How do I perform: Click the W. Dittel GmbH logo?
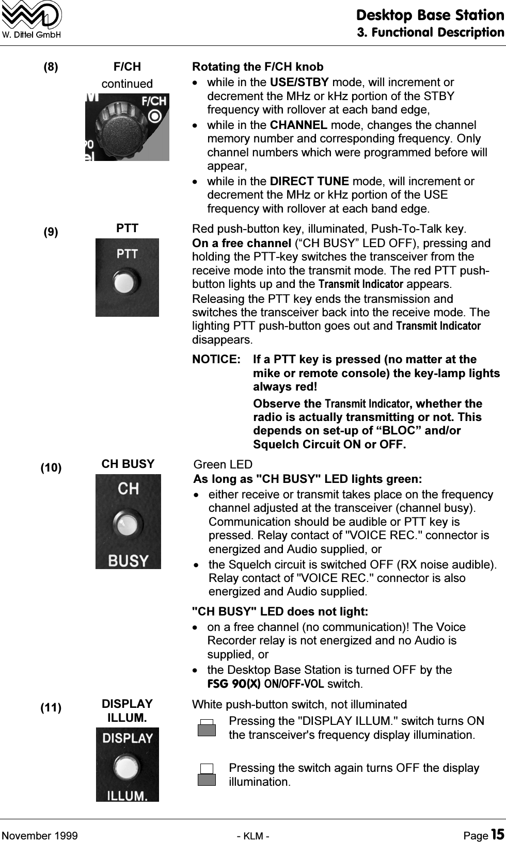pyautogui.click(x=32, y=20)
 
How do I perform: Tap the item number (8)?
pyautogui.click(x=51, y=67)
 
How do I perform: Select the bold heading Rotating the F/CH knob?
pyautogui.click(x=258, y=67)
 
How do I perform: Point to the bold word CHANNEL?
pyautogui.click(x=298, y=125)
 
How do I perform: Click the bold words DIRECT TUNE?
pyautogui.click(x=310, y=182)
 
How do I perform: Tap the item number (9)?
pyautogui.click(x=51, y=232)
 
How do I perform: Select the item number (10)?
pyautogui.click(x=51, y=468)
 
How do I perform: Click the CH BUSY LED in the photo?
pyautogui.click(x=127, y=525)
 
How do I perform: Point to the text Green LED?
pyautogui.click(x=223, y=465)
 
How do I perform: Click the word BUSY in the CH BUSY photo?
pyautogui.click(x=128, y=560)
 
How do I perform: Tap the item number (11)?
pyautogui.click(x=51, y=708)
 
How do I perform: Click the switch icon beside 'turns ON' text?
pyautogui.click(x=207, y=727)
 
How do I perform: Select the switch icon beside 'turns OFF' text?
pyautogui.click(x=207, y=774)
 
